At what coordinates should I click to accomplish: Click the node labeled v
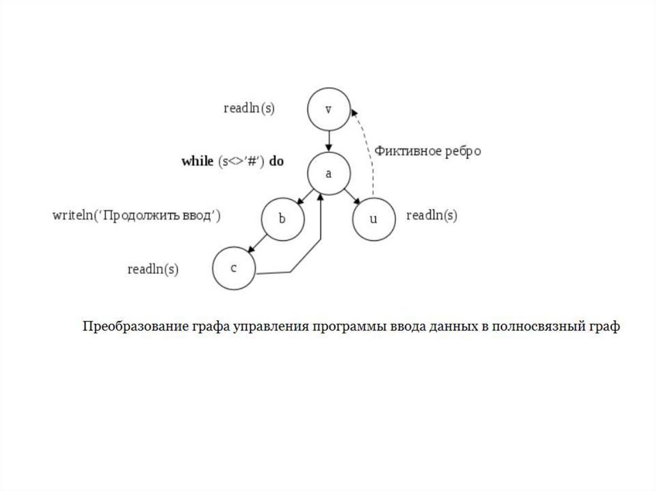[x=328, y=109]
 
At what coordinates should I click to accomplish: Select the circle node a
[x=328, y=174]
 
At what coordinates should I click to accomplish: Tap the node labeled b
[x=282, y=219]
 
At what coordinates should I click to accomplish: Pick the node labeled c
[x=234, y=268]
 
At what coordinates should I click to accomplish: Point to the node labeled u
[x=374, y=219]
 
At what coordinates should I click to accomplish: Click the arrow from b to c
[x=258, y=243]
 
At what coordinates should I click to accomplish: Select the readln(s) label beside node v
[x=249, y=109]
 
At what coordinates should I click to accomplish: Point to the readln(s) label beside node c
[x=153, y=270]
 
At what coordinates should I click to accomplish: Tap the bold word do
[x=276, y=161]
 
